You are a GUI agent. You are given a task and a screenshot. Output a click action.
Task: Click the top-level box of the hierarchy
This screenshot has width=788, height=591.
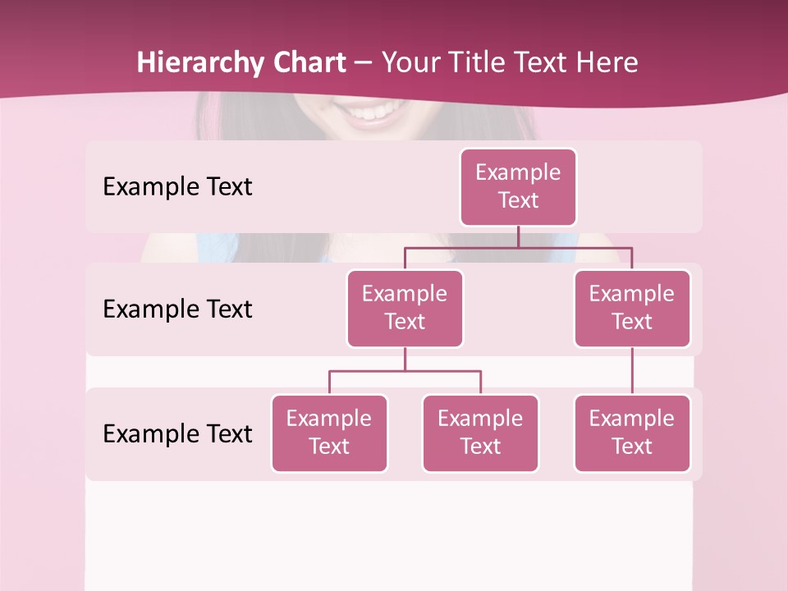(x=518, y=186)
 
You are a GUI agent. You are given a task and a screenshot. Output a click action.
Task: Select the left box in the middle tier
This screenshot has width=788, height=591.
(x=405, y=308)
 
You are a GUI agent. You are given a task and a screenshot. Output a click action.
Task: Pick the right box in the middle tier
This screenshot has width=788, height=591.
(x=632, y=308)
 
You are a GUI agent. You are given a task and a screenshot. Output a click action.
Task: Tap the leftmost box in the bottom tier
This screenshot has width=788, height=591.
(x=329, y=433)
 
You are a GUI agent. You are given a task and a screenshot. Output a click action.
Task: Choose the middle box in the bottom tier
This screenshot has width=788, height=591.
(x=480, y=433)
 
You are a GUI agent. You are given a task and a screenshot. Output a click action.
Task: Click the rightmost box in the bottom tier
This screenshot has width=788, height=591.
(x=632, y=433)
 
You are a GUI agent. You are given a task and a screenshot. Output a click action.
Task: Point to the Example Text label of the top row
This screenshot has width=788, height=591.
(x=177, y=186)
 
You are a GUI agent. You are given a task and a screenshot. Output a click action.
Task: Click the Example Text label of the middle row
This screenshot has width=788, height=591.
(x=177, y=309)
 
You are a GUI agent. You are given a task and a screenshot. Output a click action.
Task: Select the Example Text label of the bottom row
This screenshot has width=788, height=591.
(x=177, y=433)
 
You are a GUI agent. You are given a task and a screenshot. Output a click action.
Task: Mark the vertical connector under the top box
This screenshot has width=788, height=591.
(x=518, y=236)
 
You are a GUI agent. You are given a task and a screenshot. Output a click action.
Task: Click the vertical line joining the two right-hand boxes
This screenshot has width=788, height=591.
(x=632, y=371)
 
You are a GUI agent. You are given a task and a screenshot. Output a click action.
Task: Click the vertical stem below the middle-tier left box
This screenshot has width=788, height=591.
(x=405, y=360)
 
